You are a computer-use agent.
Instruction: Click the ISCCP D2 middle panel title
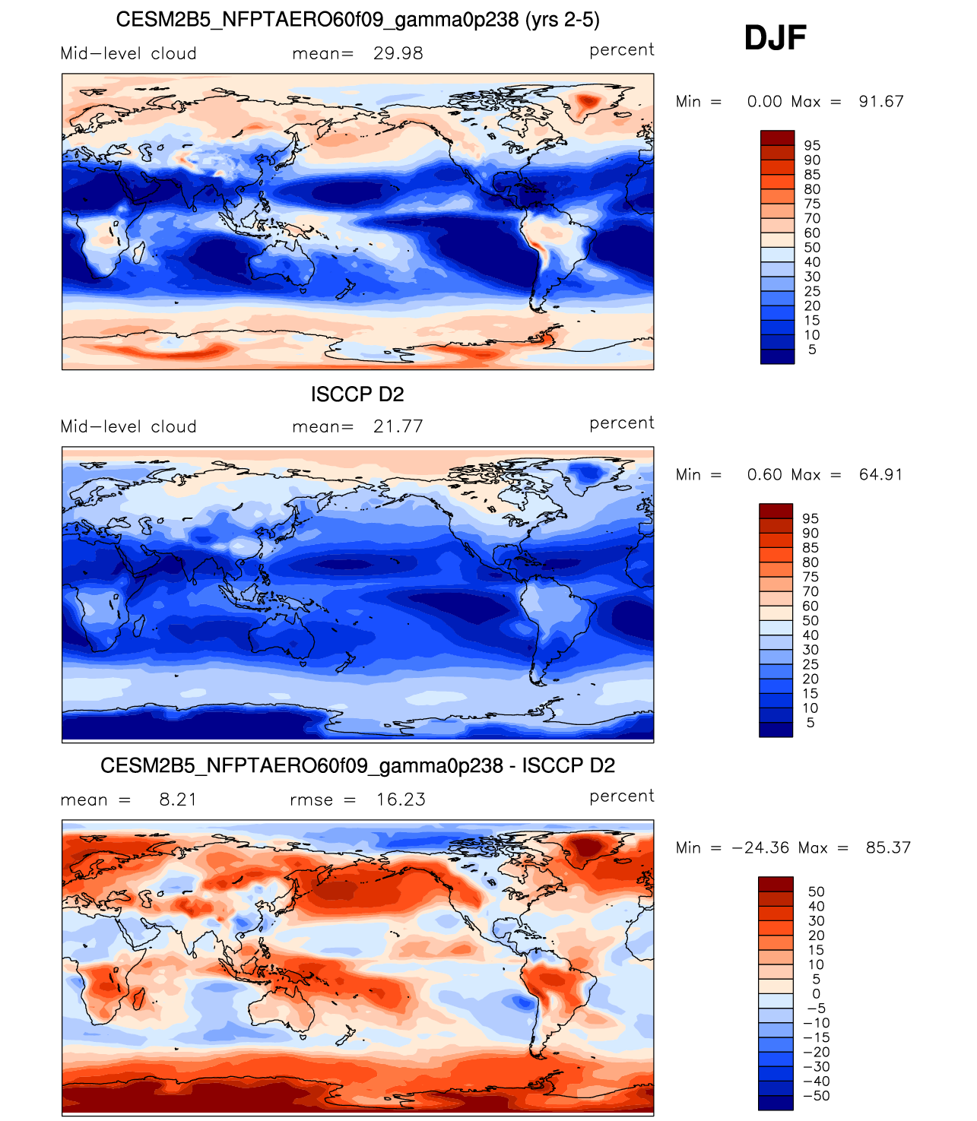(x=357, y=394)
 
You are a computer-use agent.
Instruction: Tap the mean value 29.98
(x=398, y=54)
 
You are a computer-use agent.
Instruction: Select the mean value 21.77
(x=398, y=426)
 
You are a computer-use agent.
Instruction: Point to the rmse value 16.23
(x=401, y=800)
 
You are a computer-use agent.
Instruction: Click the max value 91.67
(x=880, y=101)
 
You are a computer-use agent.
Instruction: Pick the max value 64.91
(x=880, y=474)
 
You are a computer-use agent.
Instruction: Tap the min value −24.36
(x=761, y=847)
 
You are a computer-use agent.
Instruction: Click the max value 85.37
(x=888, y=847)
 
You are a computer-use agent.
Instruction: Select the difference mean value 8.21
(x=178, y=800)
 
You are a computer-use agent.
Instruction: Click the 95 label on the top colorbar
(x=812, y=146)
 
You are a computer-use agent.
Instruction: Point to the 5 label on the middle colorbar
(x=810, y=723)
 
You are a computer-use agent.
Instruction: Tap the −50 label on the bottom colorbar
(x=817, y=1095)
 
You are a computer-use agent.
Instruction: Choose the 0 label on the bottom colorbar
(x=817, y=993)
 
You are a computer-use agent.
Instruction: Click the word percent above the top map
(x=621, y=50)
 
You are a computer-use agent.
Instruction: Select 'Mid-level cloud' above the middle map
(x=128, y=426)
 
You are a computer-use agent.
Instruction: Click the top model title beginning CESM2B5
(x=358, y=20)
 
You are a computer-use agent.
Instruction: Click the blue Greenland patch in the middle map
(x=587, y=472)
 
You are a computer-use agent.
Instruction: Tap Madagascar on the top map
(x=138, y=252)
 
